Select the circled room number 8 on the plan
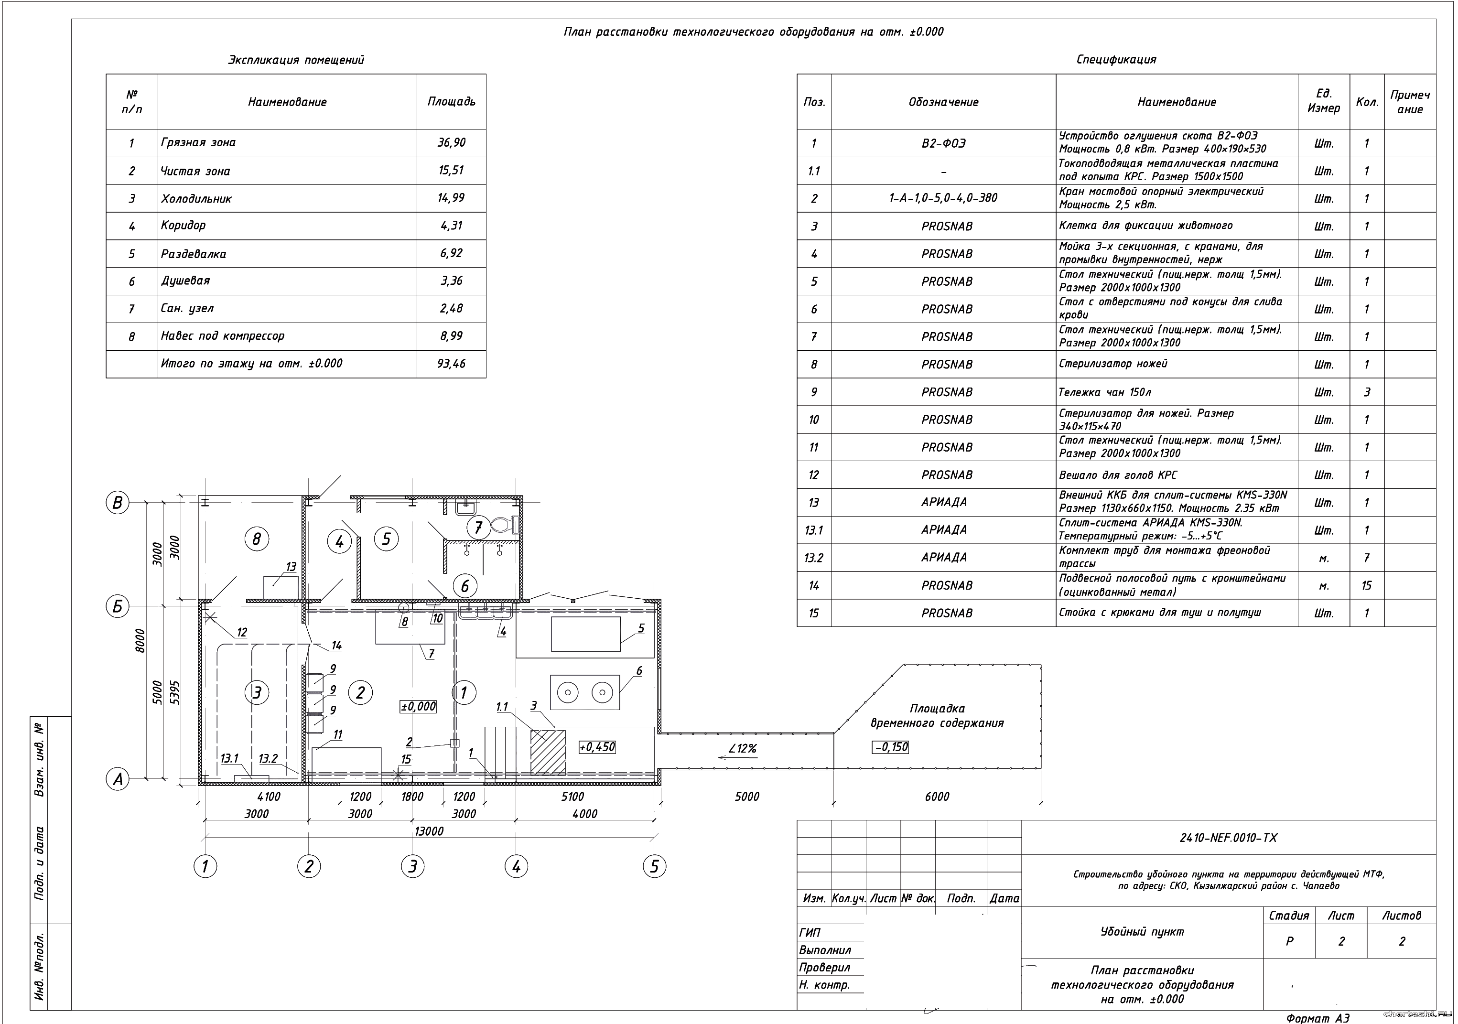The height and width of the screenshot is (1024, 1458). point(257,539)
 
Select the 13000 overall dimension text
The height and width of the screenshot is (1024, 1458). point(429,831)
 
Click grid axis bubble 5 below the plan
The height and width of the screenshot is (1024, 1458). point(654,866)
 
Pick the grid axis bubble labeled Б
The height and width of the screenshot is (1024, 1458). point(118,606)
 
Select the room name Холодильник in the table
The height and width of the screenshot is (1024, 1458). point(196,199)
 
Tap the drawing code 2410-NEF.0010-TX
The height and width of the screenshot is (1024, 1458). point(1228,838)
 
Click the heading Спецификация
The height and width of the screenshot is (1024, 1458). point(1116,60)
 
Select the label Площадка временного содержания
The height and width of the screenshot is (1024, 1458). point(937,715)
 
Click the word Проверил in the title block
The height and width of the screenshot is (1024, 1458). point(824,968)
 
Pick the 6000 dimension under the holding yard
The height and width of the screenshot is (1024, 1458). point(937,797)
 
